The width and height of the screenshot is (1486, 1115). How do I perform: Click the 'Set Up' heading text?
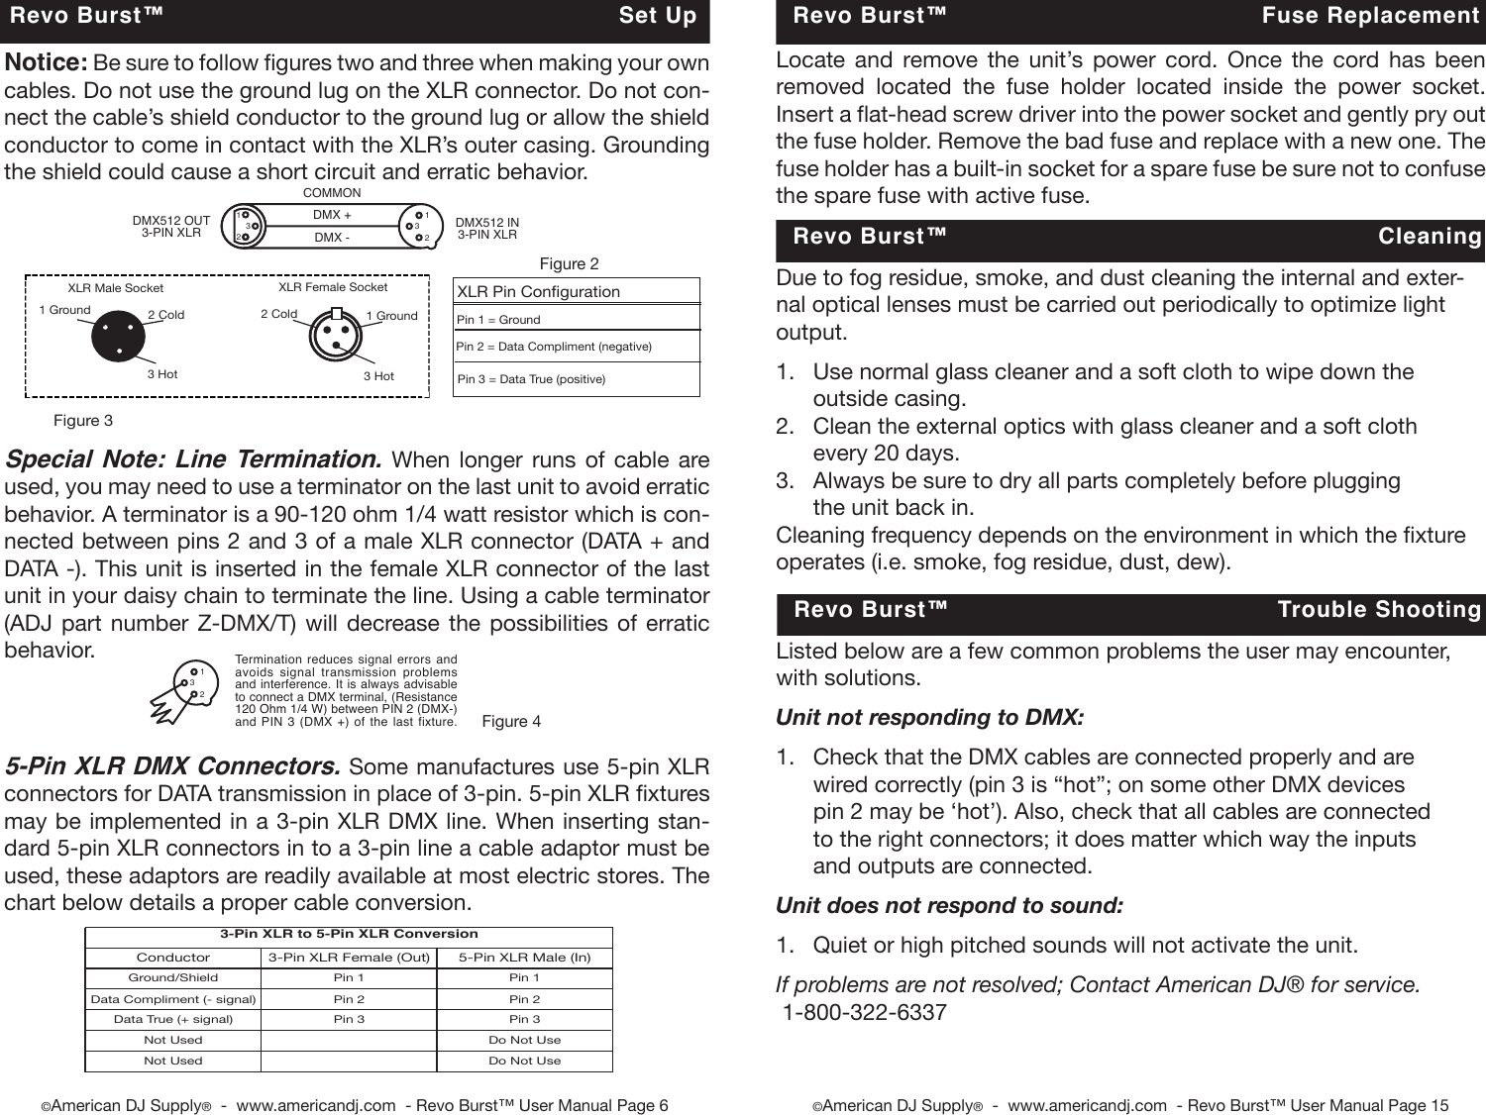coord(657,16)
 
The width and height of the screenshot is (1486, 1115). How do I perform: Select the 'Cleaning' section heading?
coord(1429,237)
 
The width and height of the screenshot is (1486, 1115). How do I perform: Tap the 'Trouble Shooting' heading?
coord(1378,610)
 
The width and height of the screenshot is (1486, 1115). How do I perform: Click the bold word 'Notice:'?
coord(47,63)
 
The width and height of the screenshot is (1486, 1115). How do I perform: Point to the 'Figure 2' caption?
coord(569,264)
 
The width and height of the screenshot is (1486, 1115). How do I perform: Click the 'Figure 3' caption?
coord(83,421)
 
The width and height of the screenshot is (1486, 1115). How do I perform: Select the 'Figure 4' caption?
coord(511,722)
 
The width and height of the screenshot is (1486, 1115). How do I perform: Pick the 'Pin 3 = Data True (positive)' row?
coord(531,379)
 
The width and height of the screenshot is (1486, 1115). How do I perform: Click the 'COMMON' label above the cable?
coord(332,193)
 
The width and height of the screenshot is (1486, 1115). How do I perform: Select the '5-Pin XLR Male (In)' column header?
coord(524,958)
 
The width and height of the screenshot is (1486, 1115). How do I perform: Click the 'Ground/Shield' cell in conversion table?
coord(173,977)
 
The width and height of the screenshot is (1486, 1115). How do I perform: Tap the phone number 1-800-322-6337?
coord(864,1013)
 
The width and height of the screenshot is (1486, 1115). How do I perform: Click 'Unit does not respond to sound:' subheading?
coord(949,906)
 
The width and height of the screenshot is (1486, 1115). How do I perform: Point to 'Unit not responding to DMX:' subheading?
coord(929,717)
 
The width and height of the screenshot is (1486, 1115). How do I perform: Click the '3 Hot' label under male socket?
coord(162,374)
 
